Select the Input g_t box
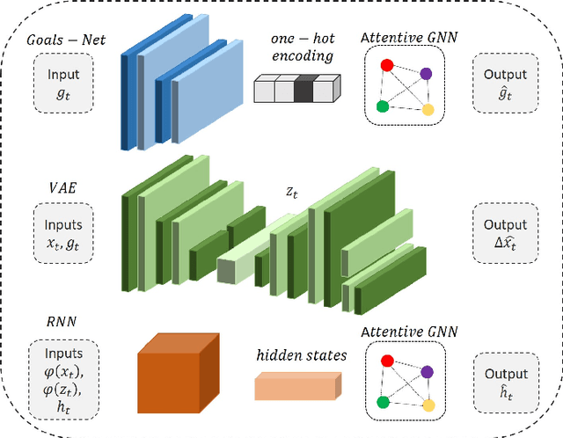click(63, 84)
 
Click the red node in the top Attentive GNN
click(384, 65)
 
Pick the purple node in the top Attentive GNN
click(426, 75)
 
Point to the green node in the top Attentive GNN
click(382, 107)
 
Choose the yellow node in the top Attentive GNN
click(428, 111)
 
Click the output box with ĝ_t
click(504, 84)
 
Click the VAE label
click(63, 186)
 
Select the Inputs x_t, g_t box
click(63, 232)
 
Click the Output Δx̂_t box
click(504, 232)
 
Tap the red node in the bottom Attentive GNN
click(384, 361)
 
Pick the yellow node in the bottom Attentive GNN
click(428, 406)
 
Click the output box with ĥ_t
click(504, 381)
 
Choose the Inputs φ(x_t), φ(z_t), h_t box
click(63, 381)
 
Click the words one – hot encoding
click(302, 45)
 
